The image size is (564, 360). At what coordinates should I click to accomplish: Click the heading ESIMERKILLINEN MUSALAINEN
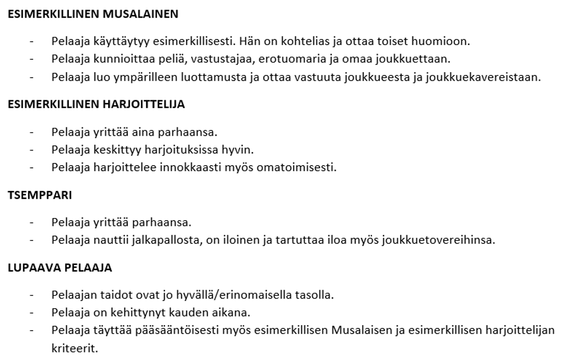click(x=92, y=14)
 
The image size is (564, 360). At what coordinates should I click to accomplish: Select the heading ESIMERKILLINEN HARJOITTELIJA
click(x=96, y=105)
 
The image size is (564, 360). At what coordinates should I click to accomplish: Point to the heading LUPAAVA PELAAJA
click(x=60, y=268)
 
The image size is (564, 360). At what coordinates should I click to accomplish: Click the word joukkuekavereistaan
click(x=490, y=77)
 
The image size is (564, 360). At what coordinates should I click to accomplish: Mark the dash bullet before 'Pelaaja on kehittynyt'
click(x=32, y=313)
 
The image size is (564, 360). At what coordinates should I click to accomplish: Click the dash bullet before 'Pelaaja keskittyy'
click(x=32, y=150)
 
